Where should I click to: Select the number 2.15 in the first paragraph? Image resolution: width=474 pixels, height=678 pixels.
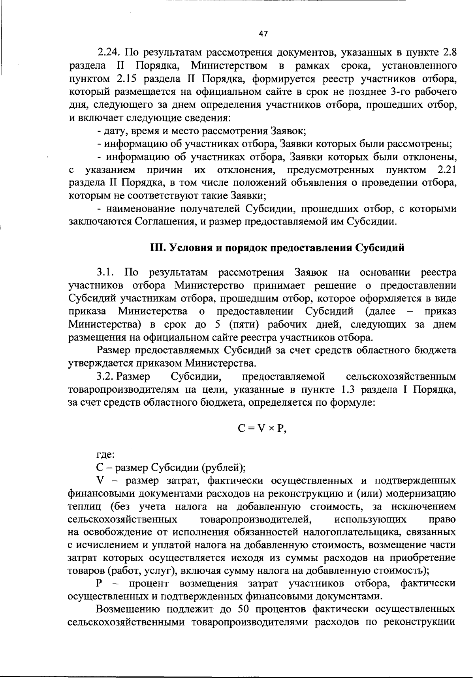126,79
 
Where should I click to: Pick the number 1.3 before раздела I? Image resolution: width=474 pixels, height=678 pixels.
348,390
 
